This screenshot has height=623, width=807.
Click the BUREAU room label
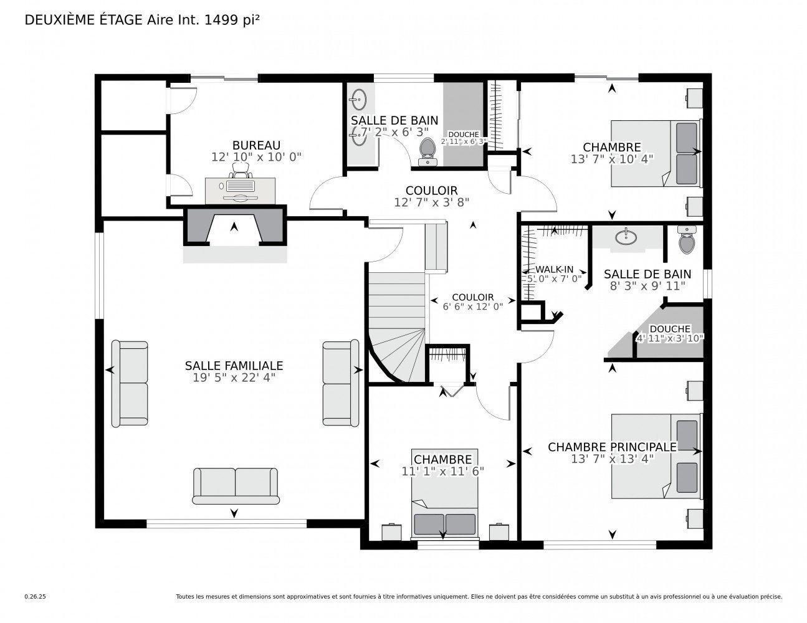[256, 145]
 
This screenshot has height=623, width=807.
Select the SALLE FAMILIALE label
[234, 366]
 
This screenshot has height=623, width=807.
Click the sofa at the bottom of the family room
[236, 486]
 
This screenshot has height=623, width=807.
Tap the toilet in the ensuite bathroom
[686, 240]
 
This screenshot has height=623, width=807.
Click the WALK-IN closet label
[554, 269]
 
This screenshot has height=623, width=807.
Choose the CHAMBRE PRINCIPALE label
[612, 447]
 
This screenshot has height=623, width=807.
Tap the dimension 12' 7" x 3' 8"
[431, 202]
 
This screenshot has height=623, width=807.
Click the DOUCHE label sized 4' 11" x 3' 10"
[670, 329]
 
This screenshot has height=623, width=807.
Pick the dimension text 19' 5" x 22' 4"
[234, 378]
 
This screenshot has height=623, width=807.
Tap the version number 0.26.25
[35, 597]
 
